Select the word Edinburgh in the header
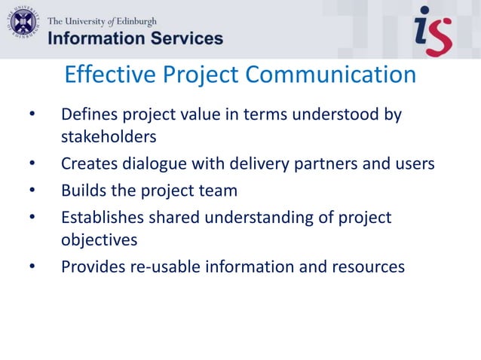tap(134, 20)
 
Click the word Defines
tap(87, 115)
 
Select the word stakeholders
tap(109, 137)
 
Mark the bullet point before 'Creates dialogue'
tap(32, 163)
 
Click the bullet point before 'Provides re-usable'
tap(32, 267)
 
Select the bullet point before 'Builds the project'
tap(32, 190)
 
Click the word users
tap(414, 163)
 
